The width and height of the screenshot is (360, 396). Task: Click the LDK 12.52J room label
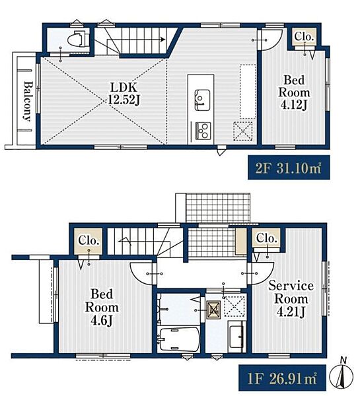(x=124, y=94)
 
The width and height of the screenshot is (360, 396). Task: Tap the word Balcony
(x=28, y=100)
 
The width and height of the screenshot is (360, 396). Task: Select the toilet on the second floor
(x=79, y=39)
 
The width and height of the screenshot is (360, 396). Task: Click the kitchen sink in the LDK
(x=202, y=100)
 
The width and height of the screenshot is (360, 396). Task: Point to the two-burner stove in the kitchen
(x=203, y=131)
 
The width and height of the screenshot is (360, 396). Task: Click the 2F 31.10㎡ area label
(x=289, y=168)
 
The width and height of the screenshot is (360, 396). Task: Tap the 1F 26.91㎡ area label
(x=283, y=378)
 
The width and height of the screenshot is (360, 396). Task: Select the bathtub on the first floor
(x=178, y=339)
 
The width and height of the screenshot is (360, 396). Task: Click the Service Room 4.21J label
(x=291, y=299)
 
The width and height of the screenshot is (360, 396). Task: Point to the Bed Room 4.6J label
(x=102, y=307)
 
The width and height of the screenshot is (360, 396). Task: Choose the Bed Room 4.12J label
(x=294, y=92)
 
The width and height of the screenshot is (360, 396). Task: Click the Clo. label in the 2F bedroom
(x=304, y=37)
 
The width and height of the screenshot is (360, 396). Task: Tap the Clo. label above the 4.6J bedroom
(x=89, y=240)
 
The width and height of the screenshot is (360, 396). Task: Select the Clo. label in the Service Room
(x=266, y=238)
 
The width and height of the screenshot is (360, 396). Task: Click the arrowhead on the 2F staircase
(x=163, y=40)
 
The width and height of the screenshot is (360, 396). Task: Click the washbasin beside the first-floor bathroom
(x=236, y=337)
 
